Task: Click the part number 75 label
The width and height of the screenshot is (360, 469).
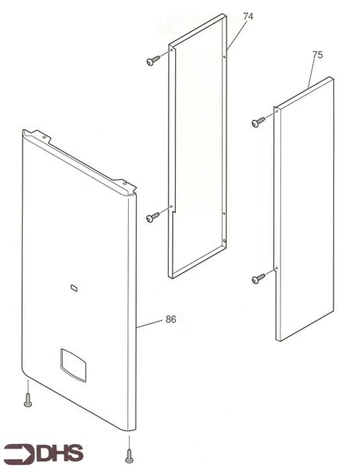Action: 316,55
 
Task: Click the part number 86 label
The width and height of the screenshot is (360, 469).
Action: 171,320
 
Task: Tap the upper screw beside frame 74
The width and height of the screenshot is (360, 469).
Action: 152,60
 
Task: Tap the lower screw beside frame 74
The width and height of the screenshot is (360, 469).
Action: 152,217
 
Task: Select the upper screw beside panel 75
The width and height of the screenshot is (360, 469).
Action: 258,122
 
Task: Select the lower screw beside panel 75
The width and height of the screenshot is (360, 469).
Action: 258,278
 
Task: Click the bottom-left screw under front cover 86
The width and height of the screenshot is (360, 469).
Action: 28,400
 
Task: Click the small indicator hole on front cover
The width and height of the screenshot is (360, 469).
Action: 73,288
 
